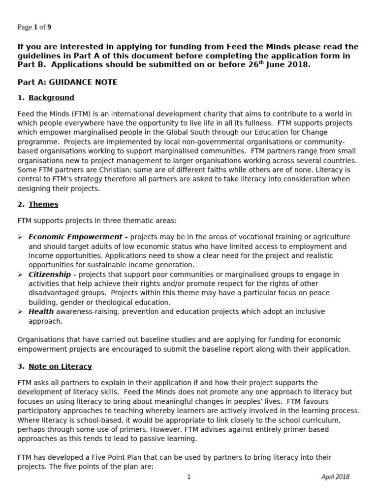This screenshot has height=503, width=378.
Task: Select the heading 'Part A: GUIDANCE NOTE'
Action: coord(67,82)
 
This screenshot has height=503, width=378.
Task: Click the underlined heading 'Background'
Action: coord(51,98)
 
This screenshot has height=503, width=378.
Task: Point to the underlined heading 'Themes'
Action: coord(43,204)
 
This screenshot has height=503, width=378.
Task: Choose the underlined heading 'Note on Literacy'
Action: coord(60,366)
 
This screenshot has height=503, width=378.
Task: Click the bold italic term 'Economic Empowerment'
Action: coord(75,237)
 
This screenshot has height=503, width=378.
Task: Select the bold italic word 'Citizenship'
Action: coord(49,275)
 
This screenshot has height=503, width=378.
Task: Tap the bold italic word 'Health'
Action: coord(41,311)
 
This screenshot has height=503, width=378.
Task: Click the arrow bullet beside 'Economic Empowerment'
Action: coord(20,237)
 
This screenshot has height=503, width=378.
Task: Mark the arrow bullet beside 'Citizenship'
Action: coord(20,275)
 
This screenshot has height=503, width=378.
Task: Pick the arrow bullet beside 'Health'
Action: coord(20,312)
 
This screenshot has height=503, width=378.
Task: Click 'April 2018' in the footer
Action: coord(335,476)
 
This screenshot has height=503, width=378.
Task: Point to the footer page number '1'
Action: coord(189,476)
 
